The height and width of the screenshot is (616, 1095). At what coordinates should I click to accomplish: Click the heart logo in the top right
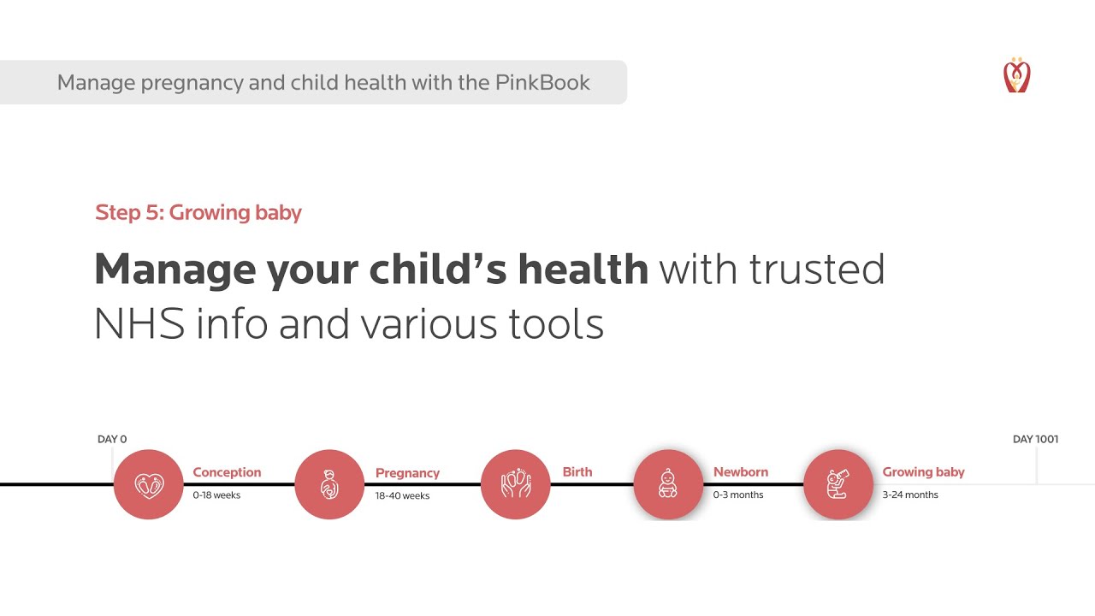pos(1016,75)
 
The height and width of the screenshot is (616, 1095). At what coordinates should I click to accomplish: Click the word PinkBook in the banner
pos(542,83)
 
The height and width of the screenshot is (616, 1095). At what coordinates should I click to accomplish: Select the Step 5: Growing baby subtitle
pos(198,212)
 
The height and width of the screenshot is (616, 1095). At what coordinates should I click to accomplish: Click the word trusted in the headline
pos(816,269)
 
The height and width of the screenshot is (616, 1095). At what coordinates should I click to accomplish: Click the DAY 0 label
pos(112,439)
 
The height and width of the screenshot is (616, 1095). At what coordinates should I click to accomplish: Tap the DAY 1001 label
pos(1035,439)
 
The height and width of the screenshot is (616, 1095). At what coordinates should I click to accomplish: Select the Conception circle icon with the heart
pos(149,484)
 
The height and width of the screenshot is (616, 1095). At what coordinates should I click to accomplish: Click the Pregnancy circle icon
pos(329,484)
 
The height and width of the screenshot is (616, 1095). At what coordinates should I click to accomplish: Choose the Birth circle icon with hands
pos(515,484)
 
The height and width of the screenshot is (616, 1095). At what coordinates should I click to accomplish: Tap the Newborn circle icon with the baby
pos(668,484)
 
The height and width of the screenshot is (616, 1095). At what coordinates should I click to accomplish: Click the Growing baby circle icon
pos(838,484)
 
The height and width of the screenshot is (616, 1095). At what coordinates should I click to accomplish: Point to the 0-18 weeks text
pos(216,495)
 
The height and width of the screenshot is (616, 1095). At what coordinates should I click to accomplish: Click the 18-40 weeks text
pos(402,495)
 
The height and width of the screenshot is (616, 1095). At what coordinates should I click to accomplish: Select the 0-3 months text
pos(738,495)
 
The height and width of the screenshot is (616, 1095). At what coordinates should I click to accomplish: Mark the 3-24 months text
pos(910,495)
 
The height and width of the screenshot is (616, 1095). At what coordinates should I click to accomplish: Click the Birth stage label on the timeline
pos(577,471)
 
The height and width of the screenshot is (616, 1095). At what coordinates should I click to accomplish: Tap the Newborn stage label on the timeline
pos(741,471)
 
